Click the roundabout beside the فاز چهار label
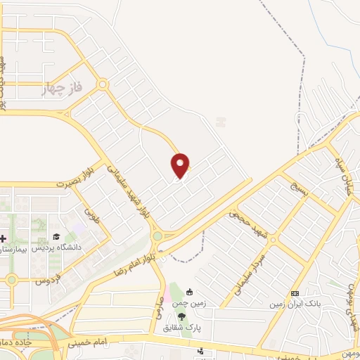[x=103, y=85]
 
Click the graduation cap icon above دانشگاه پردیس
[x=56, y=237]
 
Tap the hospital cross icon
[x=2, y=238]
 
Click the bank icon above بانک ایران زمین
[x=295, y=293]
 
